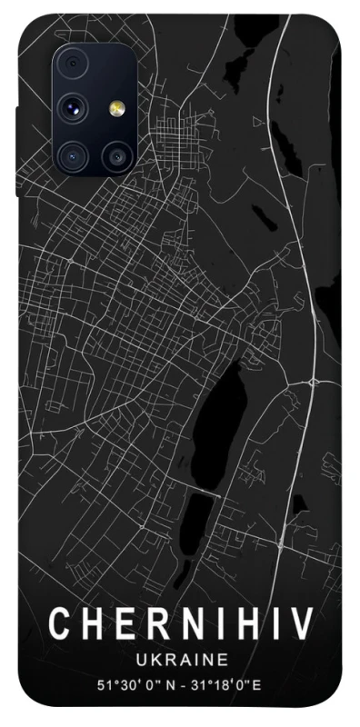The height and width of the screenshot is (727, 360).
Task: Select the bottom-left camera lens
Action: pos(74,155)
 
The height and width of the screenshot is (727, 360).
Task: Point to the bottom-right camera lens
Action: pos(115,155)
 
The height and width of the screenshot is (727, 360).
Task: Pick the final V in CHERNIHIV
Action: pos(303,625)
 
